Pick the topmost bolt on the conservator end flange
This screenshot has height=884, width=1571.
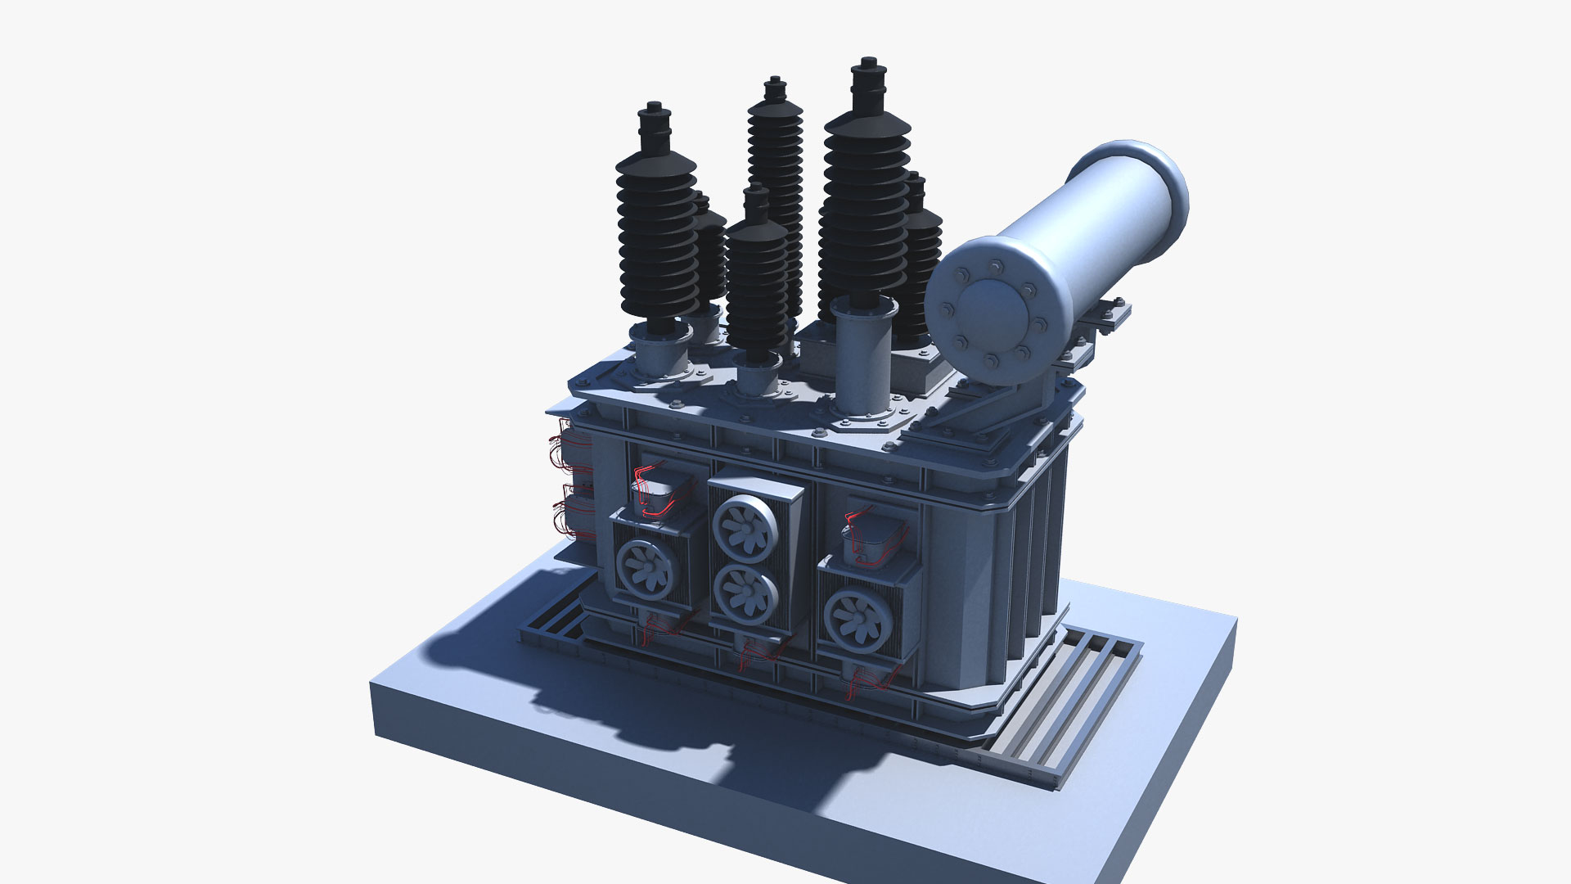(x=996, y=265)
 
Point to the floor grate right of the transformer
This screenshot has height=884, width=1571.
(x=1064, y=704)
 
